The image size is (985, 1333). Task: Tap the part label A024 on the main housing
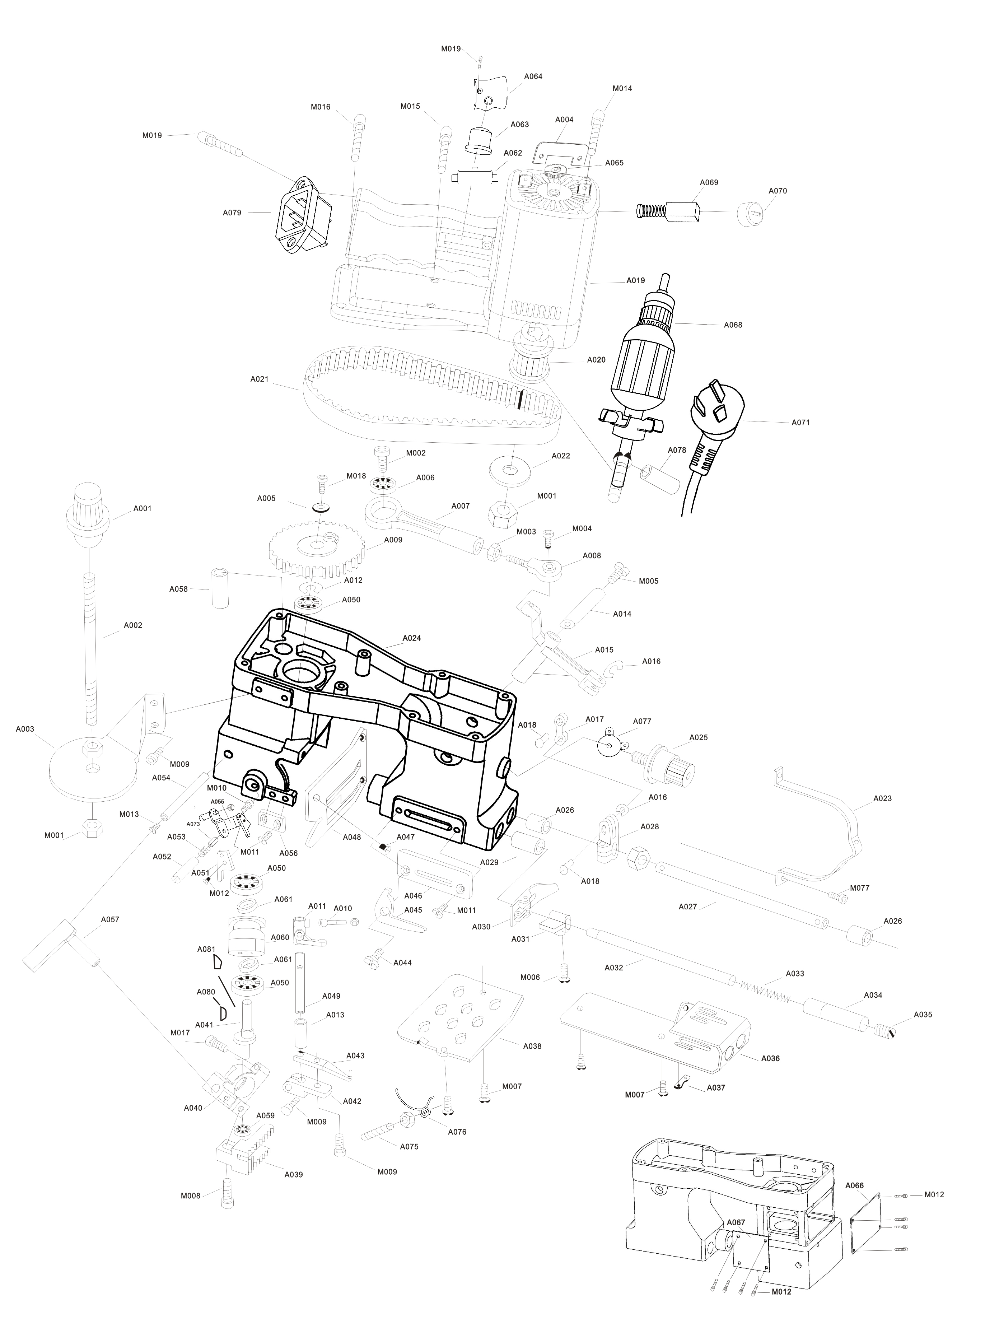[411, 638]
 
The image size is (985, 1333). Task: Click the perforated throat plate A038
[460, 1016]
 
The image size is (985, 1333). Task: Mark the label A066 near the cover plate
[854, 1185]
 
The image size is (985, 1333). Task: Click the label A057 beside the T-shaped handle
[110, 919]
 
